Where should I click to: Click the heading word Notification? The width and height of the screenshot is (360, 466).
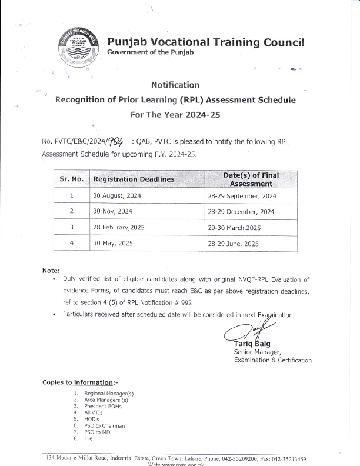pyautogui.click(x=175, y=85)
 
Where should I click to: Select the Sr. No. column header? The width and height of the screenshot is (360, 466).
pyautogui.click(x=71, y=178)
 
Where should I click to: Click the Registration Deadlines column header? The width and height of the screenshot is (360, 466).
pyautogui.click(x=134, y=179)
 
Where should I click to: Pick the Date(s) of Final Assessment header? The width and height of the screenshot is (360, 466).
pyautogui.click(x=251, y=179)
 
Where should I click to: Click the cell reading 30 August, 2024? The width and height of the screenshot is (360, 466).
pyautogui.click(x=117, y=195)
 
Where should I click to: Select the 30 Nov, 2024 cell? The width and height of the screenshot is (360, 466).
pyautogui.click(x=112, y=211)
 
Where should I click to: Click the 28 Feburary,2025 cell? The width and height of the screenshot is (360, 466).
pyautogui.click(x=119, y=227)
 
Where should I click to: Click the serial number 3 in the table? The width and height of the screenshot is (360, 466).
pyautogui.click(x=71, y=227)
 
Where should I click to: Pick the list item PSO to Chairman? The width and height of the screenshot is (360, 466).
pyautogui.click(x=105, y=425)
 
